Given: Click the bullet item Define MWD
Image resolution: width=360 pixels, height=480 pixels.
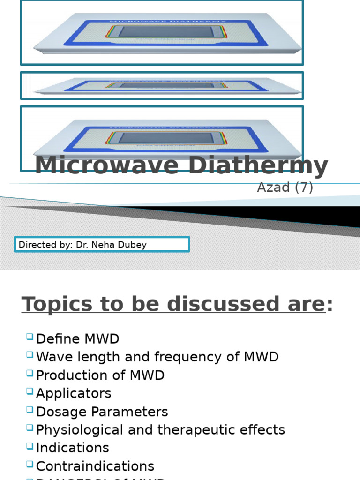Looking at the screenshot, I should click(x=77, y=339).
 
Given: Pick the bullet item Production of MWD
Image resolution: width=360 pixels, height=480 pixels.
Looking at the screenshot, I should click(x=100, y=375).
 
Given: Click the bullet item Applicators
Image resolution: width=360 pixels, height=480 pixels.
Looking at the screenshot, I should click(x=74, y=393).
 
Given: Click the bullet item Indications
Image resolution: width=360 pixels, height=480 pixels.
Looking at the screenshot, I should click(x=72, y=448).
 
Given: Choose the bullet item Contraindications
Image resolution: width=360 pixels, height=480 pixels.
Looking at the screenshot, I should click(x=95, y=466).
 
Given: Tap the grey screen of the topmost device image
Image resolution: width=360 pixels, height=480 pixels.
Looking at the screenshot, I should click(x=166, y=31).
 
